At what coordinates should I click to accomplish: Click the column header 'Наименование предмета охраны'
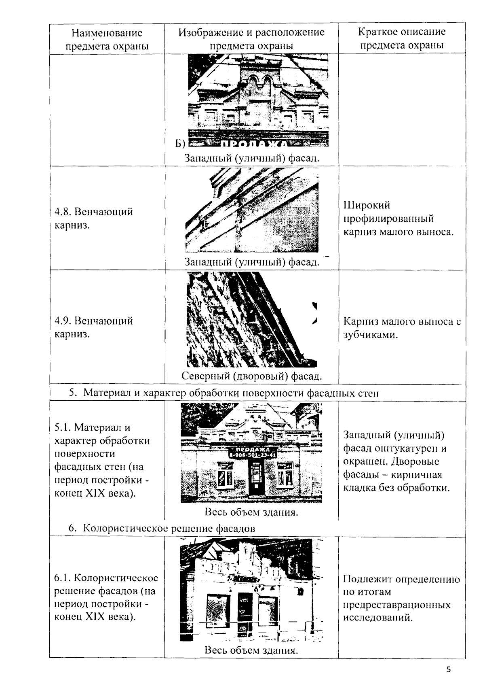(x=107, y=39)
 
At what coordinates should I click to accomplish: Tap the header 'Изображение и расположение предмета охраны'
(x=251, y=39)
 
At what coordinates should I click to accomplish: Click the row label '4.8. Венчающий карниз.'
(x=94, y=218)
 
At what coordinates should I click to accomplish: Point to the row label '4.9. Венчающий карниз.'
(x=94, y=327)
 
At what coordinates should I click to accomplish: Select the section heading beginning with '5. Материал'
(x=224, y=393)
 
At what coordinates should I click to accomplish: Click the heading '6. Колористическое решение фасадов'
(x=162, y=528)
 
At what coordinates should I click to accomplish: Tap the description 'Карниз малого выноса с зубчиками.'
(x=402, y=328)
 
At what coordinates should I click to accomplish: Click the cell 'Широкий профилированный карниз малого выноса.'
(x=399, y=219)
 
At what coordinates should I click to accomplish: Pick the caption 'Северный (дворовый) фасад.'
(x=251, y=376)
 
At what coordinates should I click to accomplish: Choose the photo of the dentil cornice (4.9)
(x=251, y=320)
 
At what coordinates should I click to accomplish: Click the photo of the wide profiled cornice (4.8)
(x=251, y=210)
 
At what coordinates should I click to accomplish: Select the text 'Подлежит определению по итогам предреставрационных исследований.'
(x=401, y=598)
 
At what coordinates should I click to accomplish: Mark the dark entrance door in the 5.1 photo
(x=255, y=480)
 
